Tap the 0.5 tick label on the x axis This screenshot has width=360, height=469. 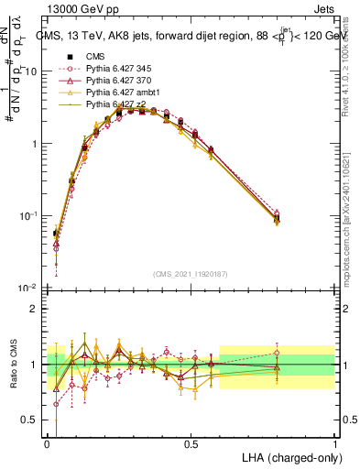191,443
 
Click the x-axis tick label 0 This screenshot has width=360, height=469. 47,443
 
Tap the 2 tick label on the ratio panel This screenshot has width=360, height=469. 36,309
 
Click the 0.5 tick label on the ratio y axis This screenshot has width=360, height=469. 31,420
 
